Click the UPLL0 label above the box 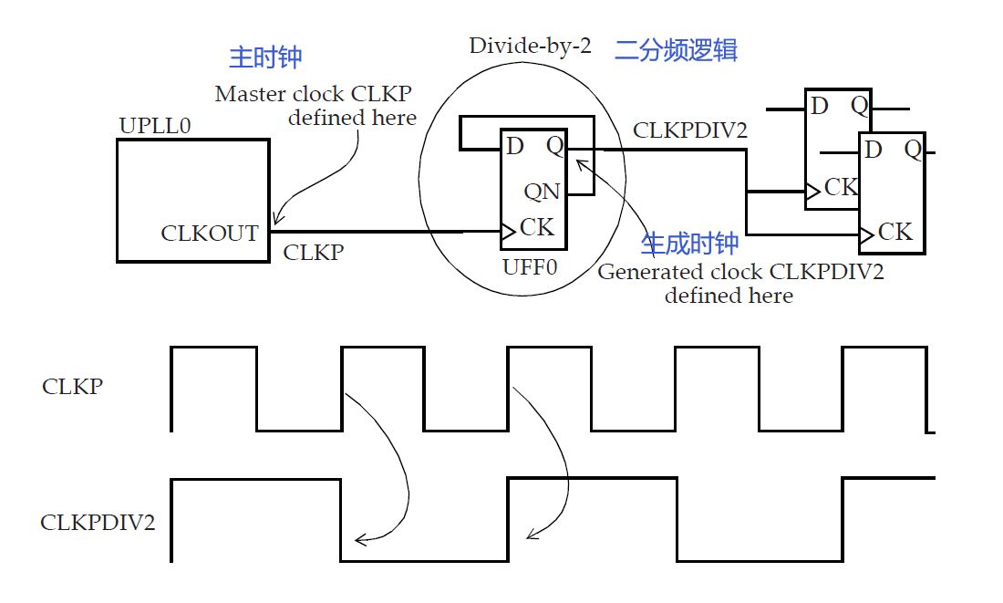pyautogui.click(x=155, y=126)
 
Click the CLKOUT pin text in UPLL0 pyautogui.click(x=210, y=234)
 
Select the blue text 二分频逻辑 pyautogui.click(x=676, y=49)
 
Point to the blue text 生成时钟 pyautogui.click(x=689, y=244)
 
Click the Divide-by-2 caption pyautogui.click(x=530, y=46)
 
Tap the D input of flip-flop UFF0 pyautogui.click(x=515, y=146)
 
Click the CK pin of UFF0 pyautogui.click(x=536, y=226)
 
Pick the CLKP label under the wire pyautogui.click(x=313, y=253)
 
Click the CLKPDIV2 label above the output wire pyautogui.click(x=690, y=130)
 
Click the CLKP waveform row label pyautogui.click(x=73, y=386)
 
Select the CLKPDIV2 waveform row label pyautogui.click(x=98, y=523)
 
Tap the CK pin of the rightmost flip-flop pyautogui.click(x=894, y=232)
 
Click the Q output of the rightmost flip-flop pyautogui.click(x=913, y=150)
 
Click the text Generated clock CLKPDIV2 pyautogui.click(x=740, y=272)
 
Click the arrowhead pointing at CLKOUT pyautogui.click(x=276, y=221)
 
